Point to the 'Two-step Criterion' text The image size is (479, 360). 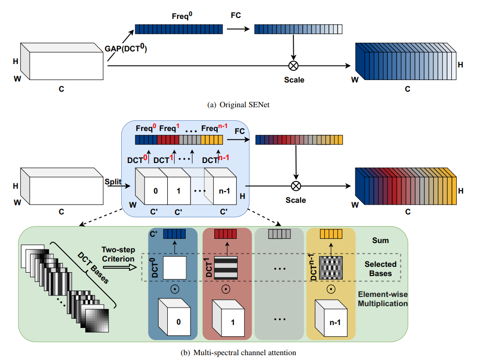[x=118, y=254]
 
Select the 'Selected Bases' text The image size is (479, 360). [x=381, y=268]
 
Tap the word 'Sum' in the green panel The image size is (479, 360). [x=381, y=240]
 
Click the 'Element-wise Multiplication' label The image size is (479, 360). [x=383, y=299]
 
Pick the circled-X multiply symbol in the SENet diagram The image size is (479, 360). [x=293, y=65]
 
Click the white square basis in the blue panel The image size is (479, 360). [x=175, y=267]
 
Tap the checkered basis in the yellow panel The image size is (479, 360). [x=331, y=267]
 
